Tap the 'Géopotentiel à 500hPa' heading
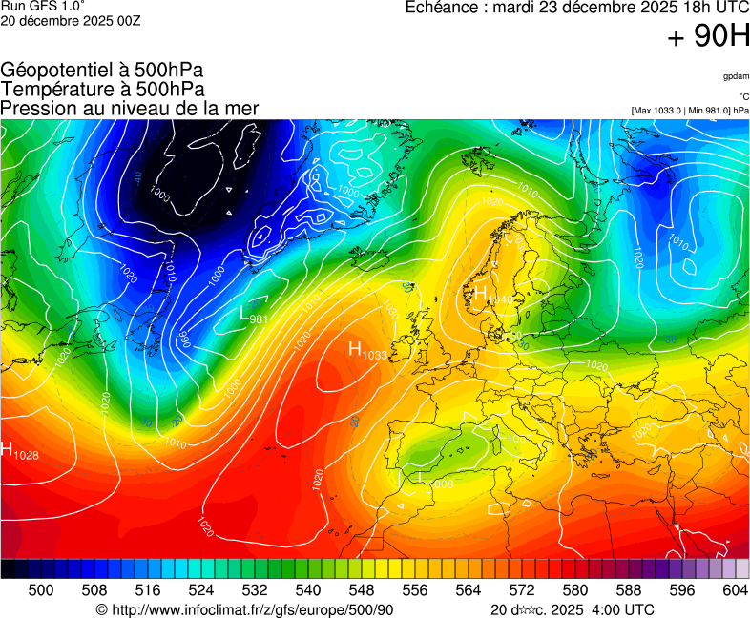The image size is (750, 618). pyautogui.click(x=102, y=71)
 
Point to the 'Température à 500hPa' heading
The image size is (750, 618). pyautogui.click(x=102, y=89)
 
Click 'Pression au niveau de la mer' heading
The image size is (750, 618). pyautogui.click(x=130, y=108)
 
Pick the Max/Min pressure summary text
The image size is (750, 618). pyautogui.click(x=689, y=111)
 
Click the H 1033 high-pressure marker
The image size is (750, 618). pyautogui.click(x=367, y=351)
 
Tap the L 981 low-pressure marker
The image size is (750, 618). pyautogui.click(x=253, y=316)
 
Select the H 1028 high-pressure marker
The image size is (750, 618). pyautogui.click(x=20, y=451)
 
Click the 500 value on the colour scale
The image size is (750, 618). pyautogui.click(x=41, y=590)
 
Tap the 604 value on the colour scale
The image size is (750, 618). pyautogui.click(x=735, y=590)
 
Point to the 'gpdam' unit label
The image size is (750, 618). pyautogui.click(x=735, y=75)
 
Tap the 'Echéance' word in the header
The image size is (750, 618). pyautogui.click(x=442, y=8)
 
